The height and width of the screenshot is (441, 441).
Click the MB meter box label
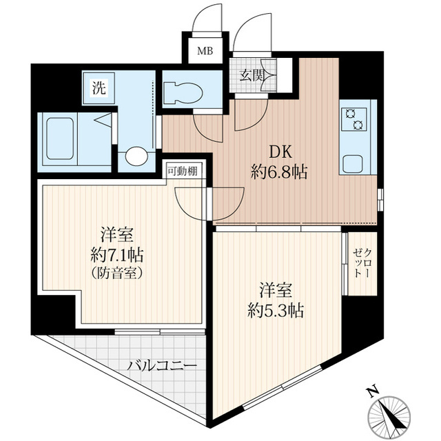tap(205, 51)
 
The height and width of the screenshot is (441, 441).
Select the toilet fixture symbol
tap(183, 92)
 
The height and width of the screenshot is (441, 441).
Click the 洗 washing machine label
tap(99, 88)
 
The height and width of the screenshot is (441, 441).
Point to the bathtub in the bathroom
tap(60, 139)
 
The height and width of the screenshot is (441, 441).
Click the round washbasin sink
tap(136, 156)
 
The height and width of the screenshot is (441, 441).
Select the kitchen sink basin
tap(352, 164)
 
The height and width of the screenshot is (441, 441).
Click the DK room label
tap(280, 153)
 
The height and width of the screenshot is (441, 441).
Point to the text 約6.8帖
tap(279, 172)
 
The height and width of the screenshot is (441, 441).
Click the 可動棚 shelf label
tap(183, 171)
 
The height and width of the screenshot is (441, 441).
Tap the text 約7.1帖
tap(117, 255)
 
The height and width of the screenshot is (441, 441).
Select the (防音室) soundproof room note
tap(117, 273)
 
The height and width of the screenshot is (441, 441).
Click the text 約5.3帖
tap(276, 310)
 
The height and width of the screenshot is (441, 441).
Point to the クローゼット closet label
tap(362, 263)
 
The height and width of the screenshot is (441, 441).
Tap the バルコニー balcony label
tap(162, 366)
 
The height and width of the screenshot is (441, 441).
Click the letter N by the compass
tap(373, 392)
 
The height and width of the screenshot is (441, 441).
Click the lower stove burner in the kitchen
tap(358, 124)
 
